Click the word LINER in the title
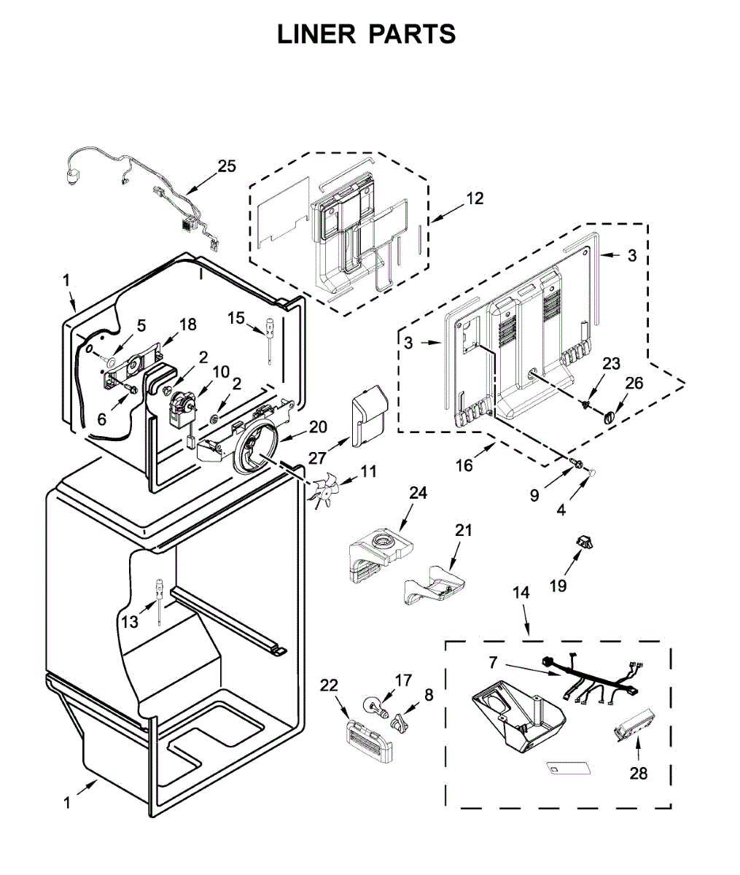point(316,34)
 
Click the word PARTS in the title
point(413,34)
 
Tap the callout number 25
point(227,166)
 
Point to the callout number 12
point(475,198)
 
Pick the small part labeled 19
point(583,542)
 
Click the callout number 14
point(521,593)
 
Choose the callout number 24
point(418,493)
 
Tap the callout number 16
point(464,465)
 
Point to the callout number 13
point(130,622)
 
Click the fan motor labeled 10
point(183,408)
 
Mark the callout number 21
point(463,530)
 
